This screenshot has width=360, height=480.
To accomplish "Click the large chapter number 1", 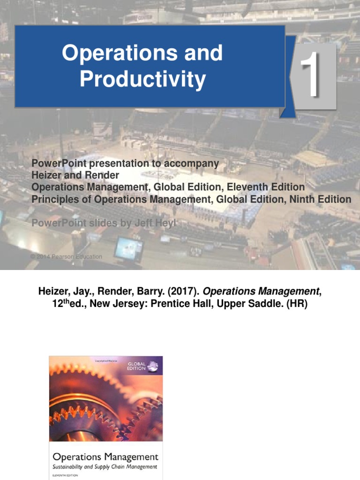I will (310, 75).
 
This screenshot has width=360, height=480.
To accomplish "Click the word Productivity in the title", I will (142, 79).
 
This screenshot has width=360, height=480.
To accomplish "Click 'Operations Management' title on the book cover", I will (105, 457).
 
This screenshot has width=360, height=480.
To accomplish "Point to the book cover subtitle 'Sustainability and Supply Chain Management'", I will (105, 467).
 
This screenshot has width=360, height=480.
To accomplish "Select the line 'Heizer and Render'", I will (75, 175).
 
